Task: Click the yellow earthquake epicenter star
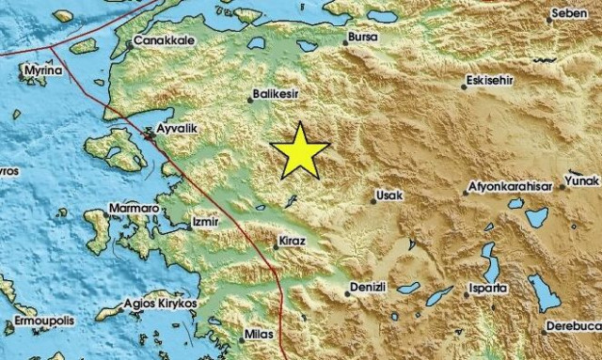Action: (x=300, y=150)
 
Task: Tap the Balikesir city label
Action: (x=280, y=95)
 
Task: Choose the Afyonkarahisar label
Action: (x=514, y=188)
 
